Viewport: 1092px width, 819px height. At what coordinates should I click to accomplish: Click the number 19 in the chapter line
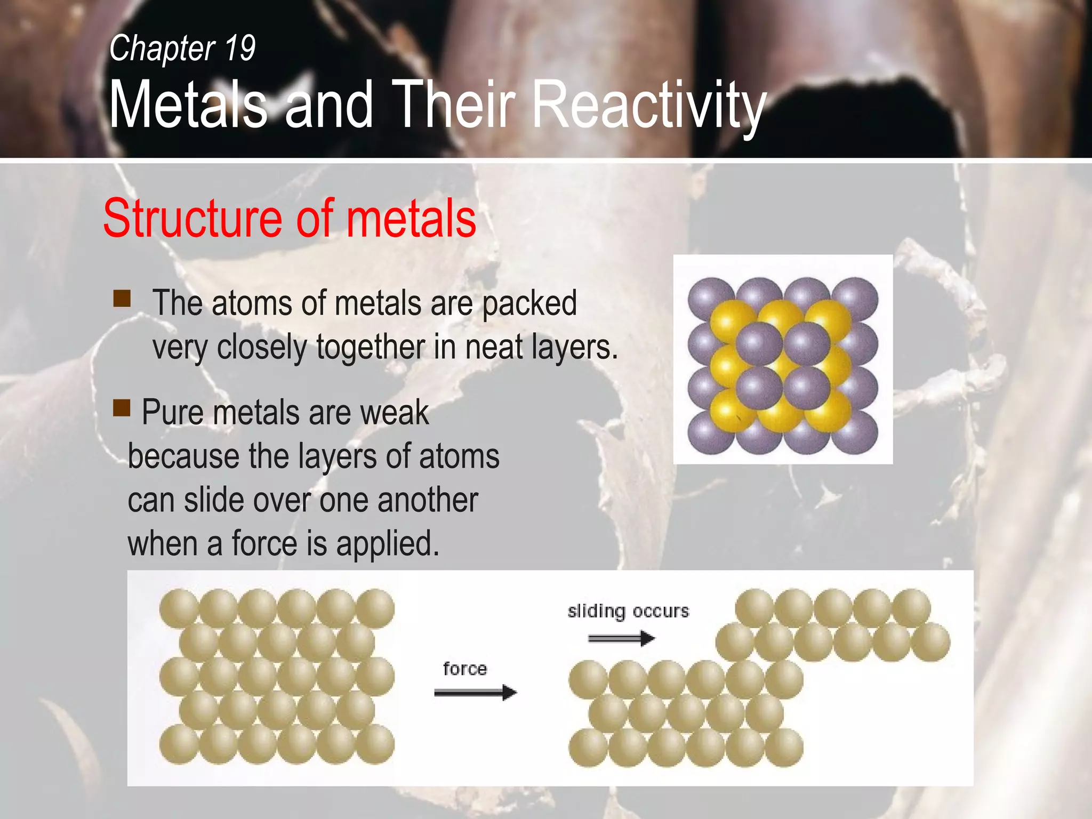(240, 49)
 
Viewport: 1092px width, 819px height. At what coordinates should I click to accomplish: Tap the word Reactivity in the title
(649, 105)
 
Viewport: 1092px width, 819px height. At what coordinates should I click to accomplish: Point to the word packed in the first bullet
(529, 303)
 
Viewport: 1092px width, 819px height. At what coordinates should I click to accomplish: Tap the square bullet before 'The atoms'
(122, 299)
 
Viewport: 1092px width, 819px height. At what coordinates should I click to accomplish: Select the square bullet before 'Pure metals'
(122, 408)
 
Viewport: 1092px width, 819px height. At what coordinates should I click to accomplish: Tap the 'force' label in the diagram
(465, 669)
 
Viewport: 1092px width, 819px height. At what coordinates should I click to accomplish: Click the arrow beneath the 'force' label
(475, 693)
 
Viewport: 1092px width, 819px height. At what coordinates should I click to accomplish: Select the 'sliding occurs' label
(628, 611)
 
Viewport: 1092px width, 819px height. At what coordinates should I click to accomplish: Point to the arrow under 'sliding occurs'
(621, 638)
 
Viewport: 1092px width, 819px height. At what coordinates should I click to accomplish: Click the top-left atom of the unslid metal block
(179, 608)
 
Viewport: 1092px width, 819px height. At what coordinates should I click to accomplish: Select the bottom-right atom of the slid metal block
(784, 748)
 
